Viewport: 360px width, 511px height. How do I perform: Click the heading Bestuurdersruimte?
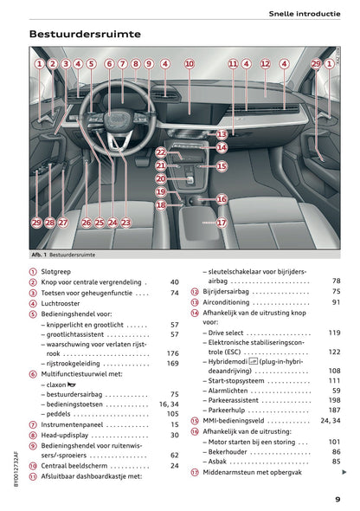point(85,35)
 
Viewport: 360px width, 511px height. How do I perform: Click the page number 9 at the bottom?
point(337,498)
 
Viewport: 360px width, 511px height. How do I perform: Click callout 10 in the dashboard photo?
point(190,64)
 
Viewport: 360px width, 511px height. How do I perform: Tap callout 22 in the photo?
point(161,152)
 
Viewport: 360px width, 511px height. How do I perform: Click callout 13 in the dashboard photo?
point(222,134)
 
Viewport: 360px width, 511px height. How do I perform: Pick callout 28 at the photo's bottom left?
point(49,223)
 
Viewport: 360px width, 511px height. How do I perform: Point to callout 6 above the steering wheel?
point(109,64)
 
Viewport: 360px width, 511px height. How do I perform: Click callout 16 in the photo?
point(222,199)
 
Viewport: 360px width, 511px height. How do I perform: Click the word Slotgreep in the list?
point(59,271)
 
